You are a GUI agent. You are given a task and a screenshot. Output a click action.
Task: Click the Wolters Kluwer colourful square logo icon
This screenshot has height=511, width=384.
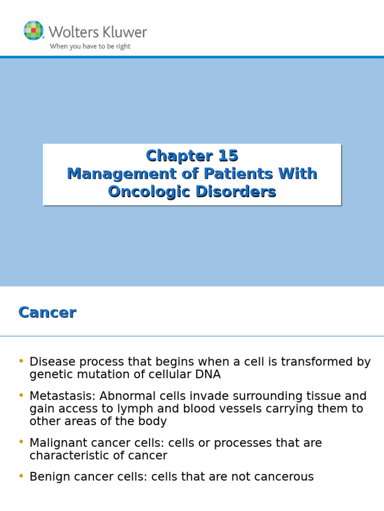[x=33, y=30]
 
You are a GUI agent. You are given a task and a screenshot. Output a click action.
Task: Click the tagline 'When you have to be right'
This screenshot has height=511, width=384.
[x=90, y=46]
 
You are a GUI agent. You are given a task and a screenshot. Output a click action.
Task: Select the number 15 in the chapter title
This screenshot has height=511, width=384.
[x=228, y=156]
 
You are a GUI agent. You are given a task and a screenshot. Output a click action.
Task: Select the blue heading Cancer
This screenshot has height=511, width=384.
[x=47, y=312]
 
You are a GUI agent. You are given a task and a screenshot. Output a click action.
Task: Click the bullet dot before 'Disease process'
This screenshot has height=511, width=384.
[x=21, y=361]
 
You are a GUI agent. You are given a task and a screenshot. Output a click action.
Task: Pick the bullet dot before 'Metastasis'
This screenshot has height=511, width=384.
[x=21, y=395]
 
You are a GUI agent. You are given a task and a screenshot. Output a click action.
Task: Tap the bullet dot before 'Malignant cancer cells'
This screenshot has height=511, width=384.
[x=21, y=442]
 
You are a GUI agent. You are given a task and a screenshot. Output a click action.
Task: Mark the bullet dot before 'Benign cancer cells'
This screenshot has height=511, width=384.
[x=21, y=476]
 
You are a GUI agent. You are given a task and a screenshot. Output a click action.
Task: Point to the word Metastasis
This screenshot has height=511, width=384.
[x=62, y=396]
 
